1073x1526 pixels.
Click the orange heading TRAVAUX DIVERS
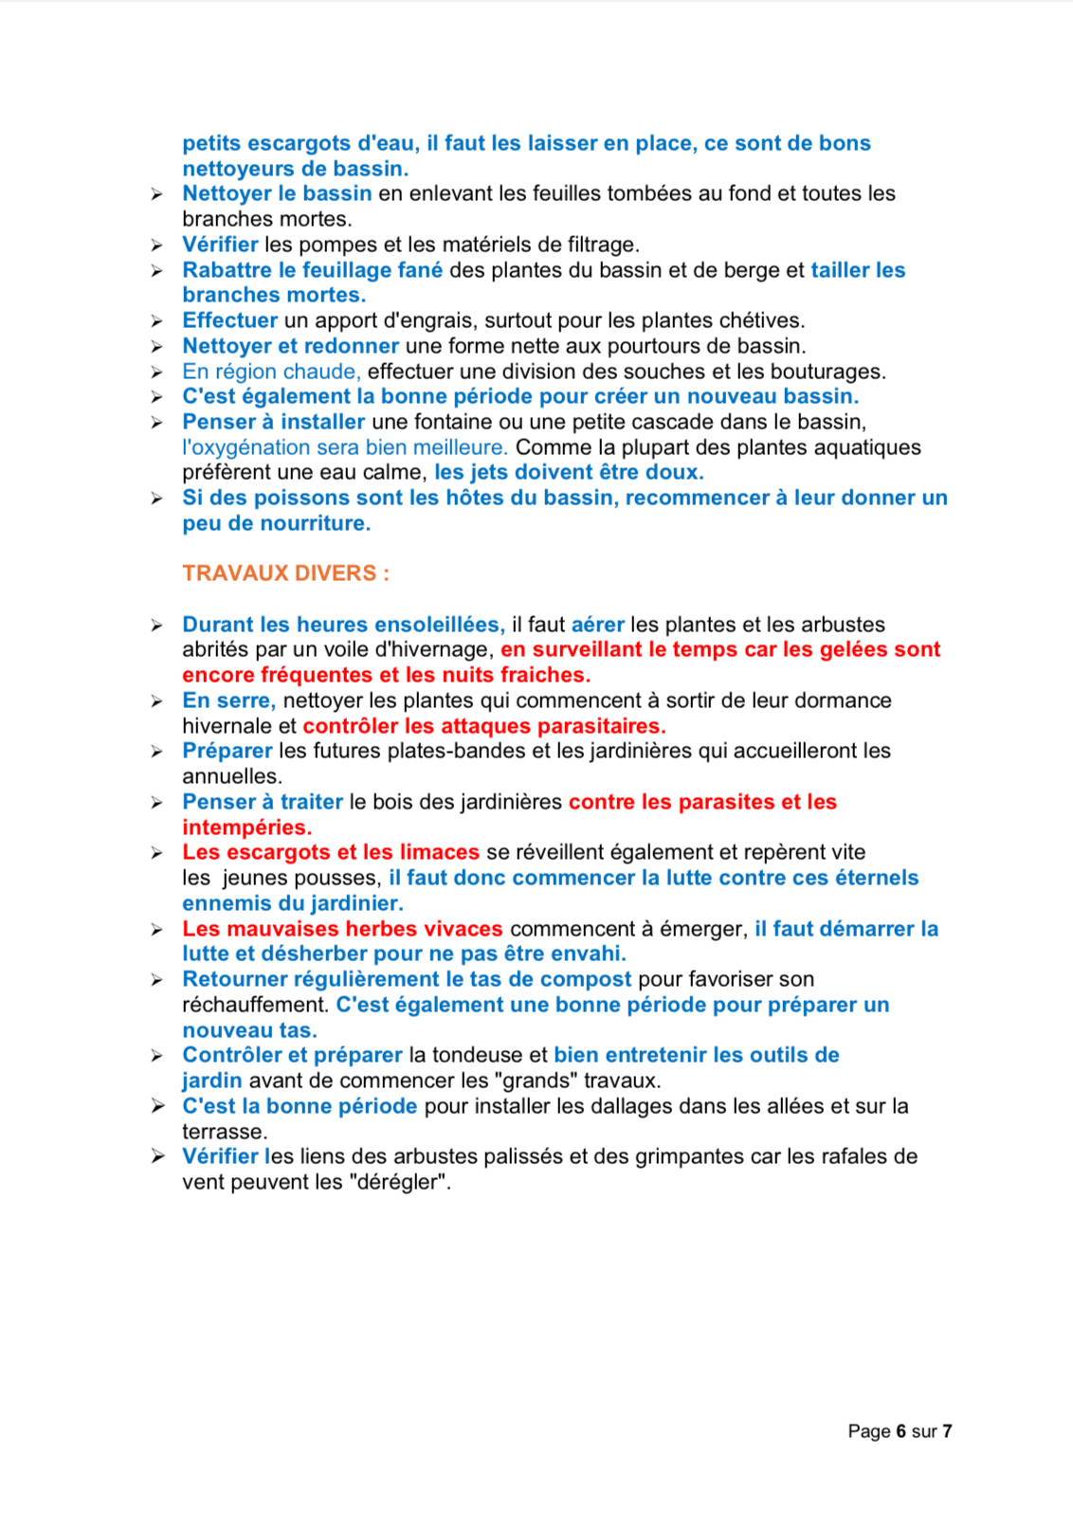pyautogui.click(x=284, y=573)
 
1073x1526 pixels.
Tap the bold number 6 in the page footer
pyautogui.click(x=900, y=1431)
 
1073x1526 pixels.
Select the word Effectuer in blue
pyautogui.click(x=229, y=320)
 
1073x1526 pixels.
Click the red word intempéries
pyautogui.click(x=246, y=827)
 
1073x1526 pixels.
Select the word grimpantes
pyautogui.click(x=691, y=1156)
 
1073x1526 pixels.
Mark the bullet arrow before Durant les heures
pyautogui.click(x=157, y=626)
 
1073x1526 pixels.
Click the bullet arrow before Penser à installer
pyautogui.click(x=157, y=423)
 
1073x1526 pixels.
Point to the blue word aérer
pyautogui.click(x=597, y=625)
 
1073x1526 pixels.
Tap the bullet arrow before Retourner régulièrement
pyautogui.click(x=157, y=980)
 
